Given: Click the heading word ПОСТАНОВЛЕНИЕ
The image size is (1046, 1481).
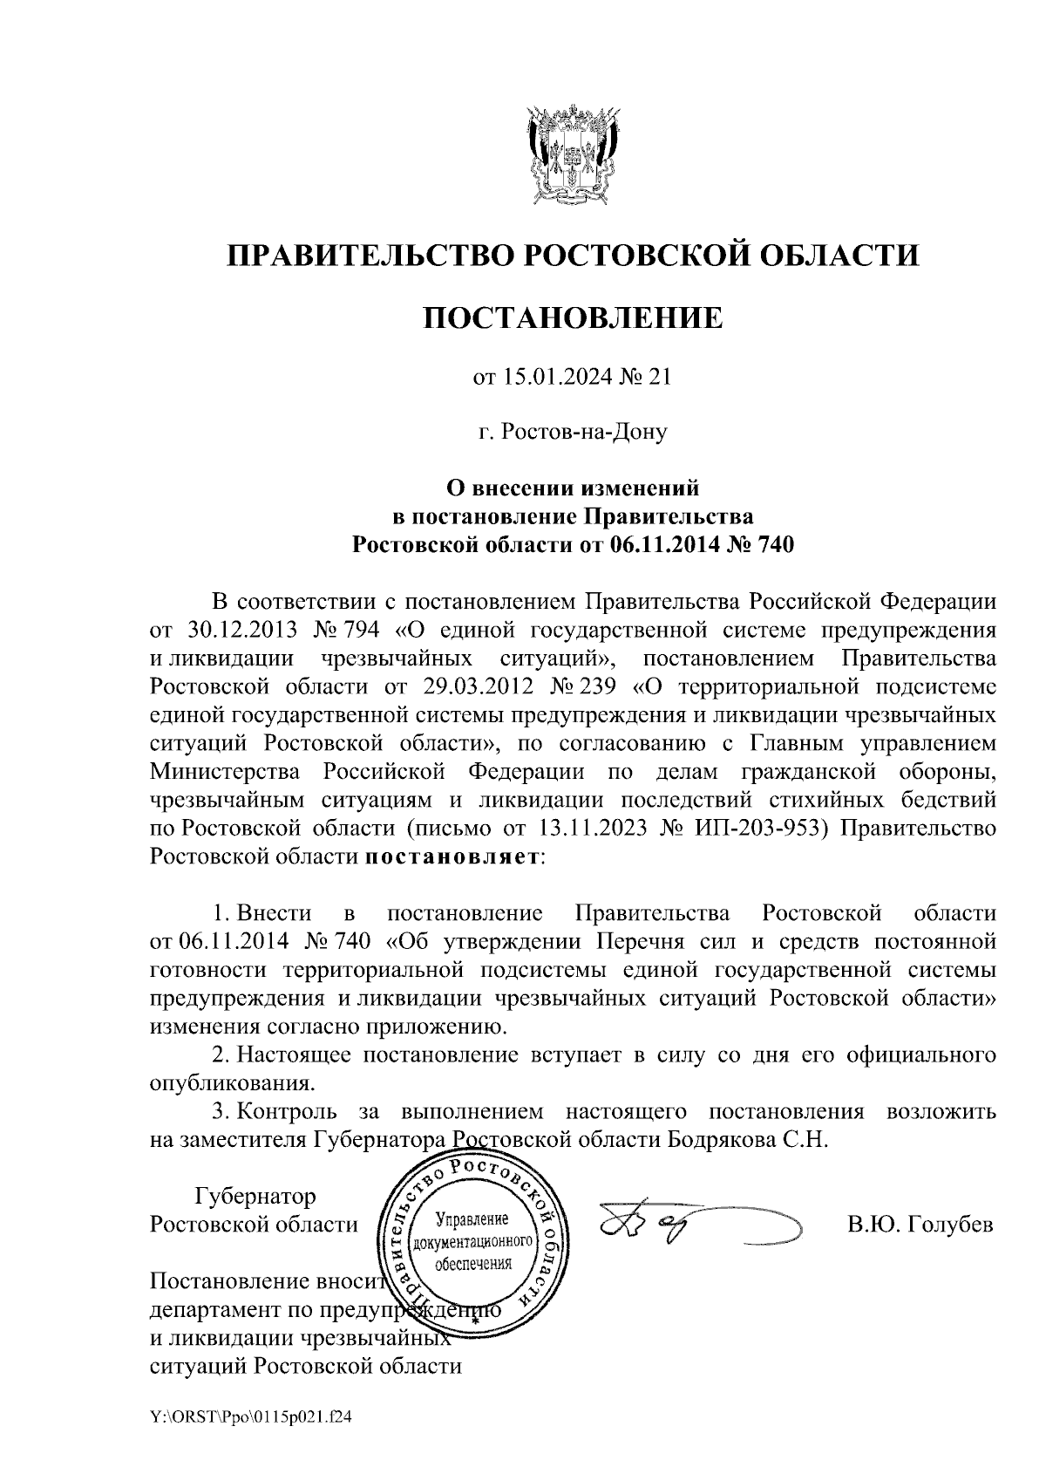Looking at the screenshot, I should (x=573, y=317).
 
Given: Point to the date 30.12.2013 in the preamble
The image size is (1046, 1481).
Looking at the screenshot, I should (x=238, y=629).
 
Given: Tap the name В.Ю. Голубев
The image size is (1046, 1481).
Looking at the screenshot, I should (x=921, y=1224).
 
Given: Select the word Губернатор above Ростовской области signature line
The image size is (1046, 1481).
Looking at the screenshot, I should (x=255, y=1195).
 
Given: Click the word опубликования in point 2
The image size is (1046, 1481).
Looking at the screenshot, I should (x=231, y=1084).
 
